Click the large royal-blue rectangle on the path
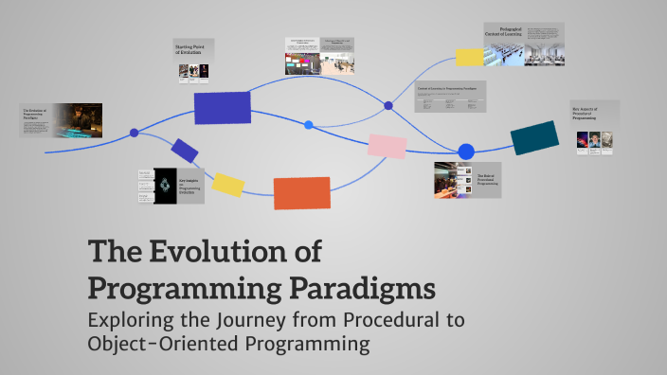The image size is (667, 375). coord(222,108)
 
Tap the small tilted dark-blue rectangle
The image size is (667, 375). coord(185,150)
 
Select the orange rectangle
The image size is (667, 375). coord(301,192)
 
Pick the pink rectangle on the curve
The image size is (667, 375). coord(387,145)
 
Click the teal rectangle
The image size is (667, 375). coord(534,138)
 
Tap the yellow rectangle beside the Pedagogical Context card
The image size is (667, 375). coord(469,56)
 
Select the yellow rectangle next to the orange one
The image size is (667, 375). coord(228,184)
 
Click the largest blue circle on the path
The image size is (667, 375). coord(466,152)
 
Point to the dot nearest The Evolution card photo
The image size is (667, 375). coord(134,133)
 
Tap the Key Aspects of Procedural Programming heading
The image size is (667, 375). coord(593,115)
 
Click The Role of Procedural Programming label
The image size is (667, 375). coord(486,177)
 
